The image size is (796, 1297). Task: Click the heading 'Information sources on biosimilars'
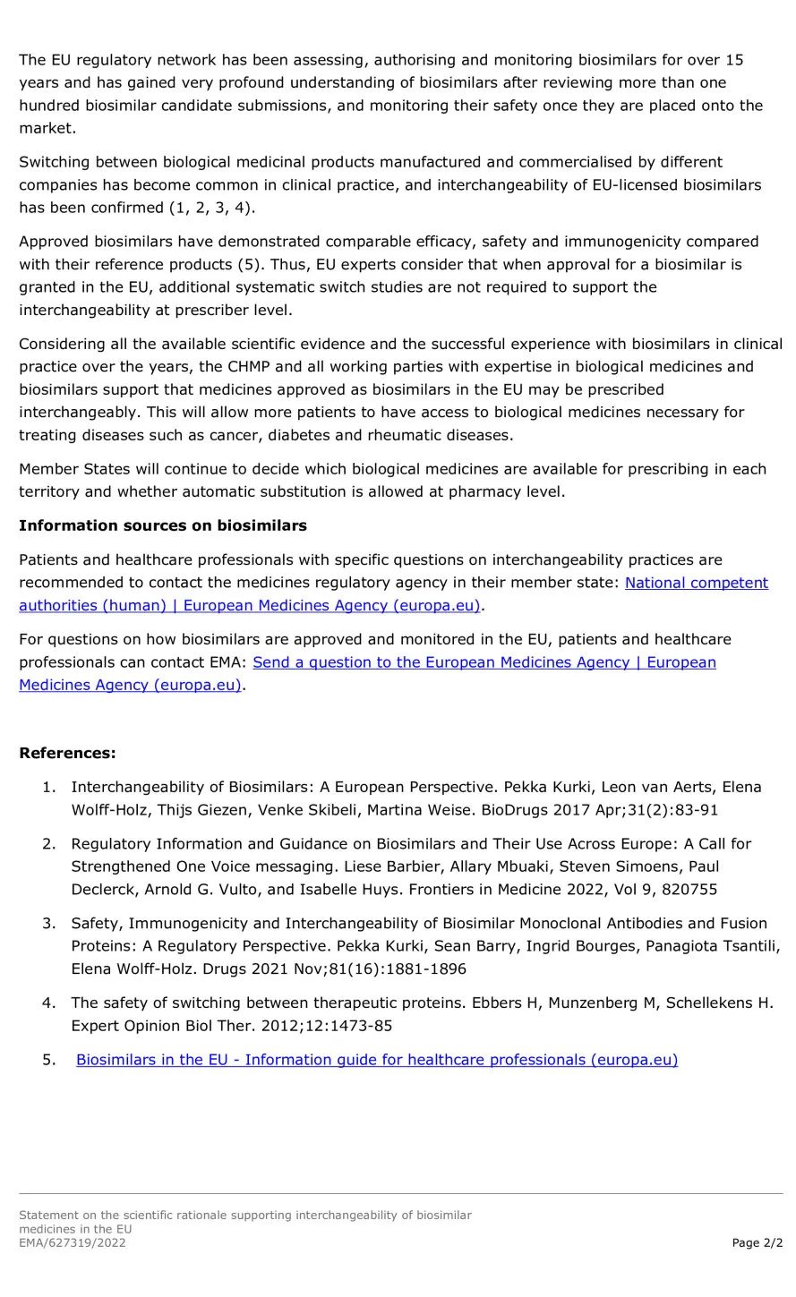click(162, 525)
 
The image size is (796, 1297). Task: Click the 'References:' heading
click(67, 753)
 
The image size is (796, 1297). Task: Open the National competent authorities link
click(696, 583)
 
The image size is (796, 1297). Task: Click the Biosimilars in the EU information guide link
click(376, 1060)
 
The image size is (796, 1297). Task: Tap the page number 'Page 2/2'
click(757, 1242)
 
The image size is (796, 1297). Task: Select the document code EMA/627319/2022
click(72, 1242)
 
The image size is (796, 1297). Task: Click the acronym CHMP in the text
click(238, 367)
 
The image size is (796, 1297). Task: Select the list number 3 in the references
click(48, 923)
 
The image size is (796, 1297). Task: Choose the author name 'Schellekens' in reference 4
click(724, 1003)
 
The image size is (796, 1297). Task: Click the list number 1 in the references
click(48, 787)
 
